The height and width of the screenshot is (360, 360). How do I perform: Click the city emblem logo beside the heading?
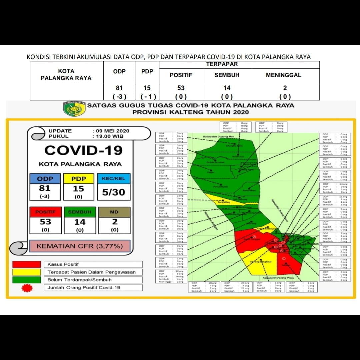pos(74,109)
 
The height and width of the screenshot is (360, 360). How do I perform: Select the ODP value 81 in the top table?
pos(119,88)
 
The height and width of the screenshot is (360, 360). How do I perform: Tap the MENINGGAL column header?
pos(283,75)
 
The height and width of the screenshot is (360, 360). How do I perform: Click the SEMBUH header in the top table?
pos(227,75)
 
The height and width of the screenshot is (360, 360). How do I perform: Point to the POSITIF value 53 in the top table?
pos(181,88)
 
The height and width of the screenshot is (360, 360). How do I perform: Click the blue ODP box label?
pos(45,179)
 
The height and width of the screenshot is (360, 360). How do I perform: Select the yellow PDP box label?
pos(78,179)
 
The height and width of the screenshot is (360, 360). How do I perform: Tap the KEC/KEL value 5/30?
pos(114,192)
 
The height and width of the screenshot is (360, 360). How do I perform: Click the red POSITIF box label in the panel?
pos(45,212)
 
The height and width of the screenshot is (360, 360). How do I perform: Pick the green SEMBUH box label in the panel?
pos(80,212)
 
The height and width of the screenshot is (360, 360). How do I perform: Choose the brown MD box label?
pos(114,212)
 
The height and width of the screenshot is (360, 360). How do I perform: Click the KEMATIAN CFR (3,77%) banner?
pos(79,246)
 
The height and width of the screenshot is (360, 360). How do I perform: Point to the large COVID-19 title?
pos(83,150)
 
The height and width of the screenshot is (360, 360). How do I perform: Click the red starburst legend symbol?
pos(27,288)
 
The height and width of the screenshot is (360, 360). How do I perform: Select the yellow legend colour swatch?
pos(27,272)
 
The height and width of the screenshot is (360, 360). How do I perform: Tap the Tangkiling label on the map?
pos(224,202)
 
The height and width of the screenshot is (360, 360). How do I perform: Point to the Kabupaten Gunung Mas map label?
pos(218,137)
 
